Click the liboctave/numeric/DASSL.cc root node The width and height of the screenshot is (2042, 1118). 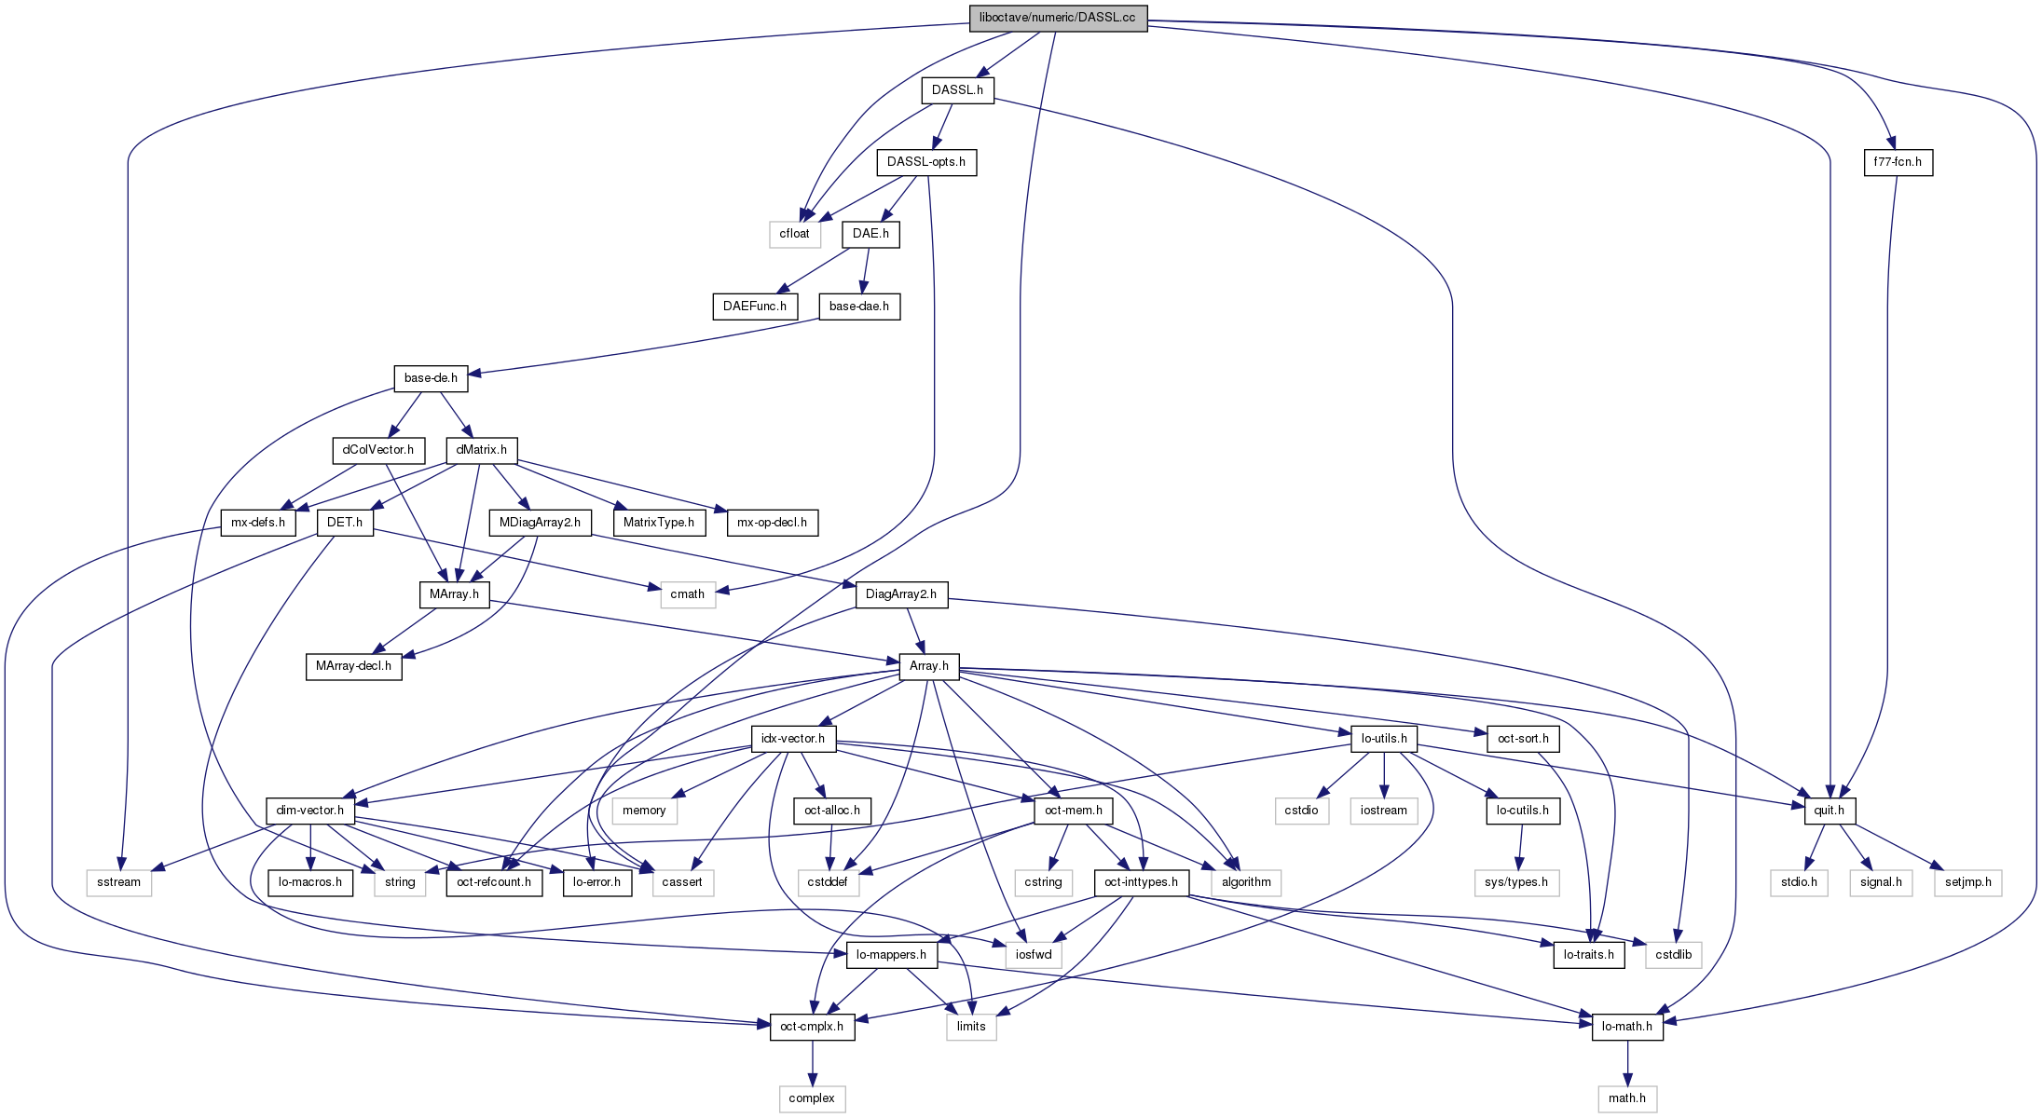pyautogui.click(x=1058, y=18)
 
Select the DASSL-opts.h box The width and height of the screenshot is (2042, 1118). pyautogui.click(x=925, y=162)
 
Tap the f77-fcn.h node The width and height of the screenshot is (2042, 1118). pyautogui.click(x=1898, y=162)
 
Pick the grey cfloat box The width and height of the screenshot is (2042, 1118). pyautogui.click(x=794, y=234)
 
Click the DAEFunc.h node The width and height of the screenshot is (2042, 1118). pyautogui.click(x=754, y=307)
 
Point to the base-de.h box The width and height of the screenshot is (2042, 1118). pyautogui.click(x=431, y=378)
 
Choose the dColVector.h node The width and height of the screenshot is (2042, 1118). pyautogui.click(x=377, y=450)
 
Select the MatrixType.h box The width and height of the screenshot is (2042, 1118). pyautogui.click(x=658, y=523)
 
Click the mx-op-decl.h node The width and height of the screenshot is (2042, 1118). pyautogui.click(x=772, y=523)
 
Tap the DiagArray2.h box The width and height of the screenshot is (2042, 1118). pyautogui.click(x=900, y=594)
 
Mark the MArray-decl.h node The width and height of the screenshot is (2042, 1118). pyautogui.click(x=353, y=666)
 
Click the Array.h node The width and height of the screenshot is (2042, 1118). pyautogui.click(x=928, y=666)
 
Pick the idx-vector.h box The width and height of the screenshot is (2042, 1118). pyautogui.click(x=792, y=739)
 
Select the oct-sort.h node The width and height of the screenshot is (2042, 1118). pyautogui.click(x=1523, y=739)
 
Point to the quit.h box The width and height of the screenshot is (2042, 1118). pyautogui.click(x=1829, y=811)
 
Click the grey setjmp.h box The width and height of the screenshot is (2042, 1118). pyautogui.click(x=1967, y=882)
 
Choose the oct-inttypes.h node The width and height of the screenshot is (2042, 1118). pyautogui.click(x=1141, y=882)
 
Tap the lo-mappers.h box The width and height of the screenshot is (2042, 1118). pyautogui.click(x=891, y=955)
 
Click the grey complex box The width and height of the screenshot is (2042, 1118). pyautogui.click(x=812, y=1098)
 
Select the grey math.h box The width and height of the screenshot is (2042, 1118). pyautogui.click(x=1627, y=1098)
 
